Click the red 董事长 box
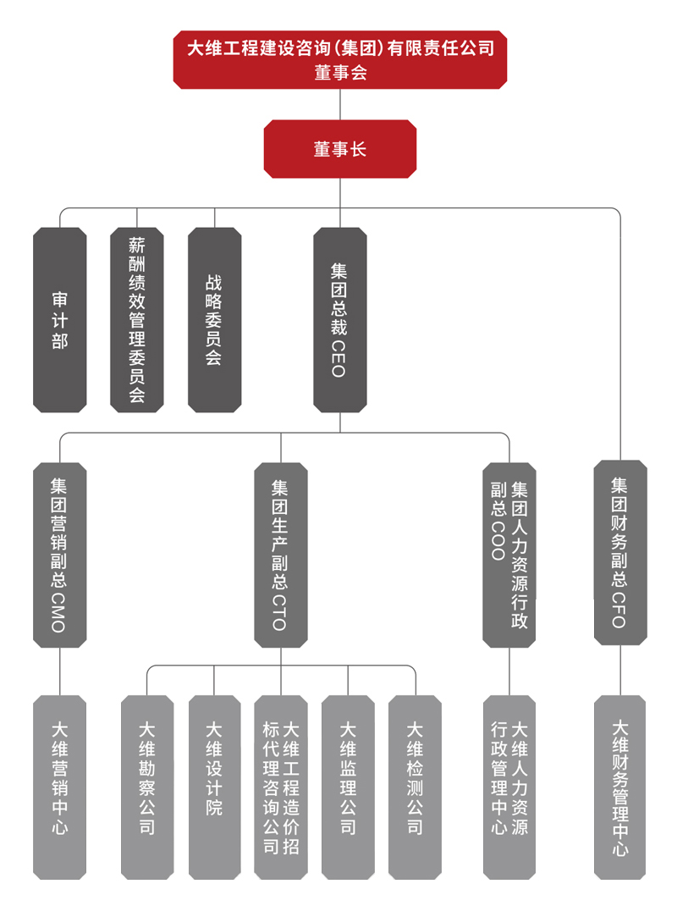coord(339,149)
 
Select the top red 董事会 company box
coord(339,59)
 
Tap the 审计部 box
coord(60,320)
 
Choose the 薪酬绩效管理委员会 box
coord(137,320)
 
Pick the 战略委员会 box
coord(214,320)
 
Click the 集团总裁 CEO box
coord(339,320)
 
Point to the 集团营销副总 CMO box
coord(59,555)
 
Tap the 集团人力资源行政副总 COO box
coord(509,555)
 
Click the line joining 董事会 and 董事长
coord(339,104)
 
